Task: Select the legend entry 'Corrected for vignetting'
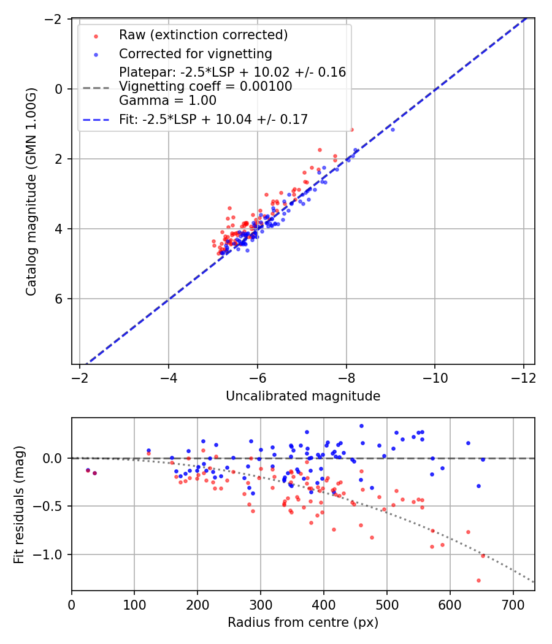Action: pyautogui.click(x=195, y=54)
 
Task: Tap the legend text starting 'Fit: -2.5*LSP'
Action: pyautogui.click(x=213, y=120)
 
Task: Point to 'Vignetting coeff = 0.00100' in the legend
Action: pyautogui.click(x=205, y=86)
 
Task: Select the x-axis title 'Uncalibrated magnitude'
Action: pyautogui.click(x=303, y=396)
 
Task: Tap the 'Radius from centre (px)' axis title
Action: pyautogui.click(x=303, y=623)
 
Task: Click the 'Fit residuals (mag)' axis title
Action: pyautogui.click(x=19, y=504)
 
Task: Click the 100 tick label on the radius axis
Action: pyautogui.click(x=134, y=604)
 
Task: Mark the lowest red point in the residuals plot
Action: pyautogui.click(x=478, y=580)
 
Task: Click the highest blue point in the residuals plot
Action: pyautogui.click(x=361, y=426)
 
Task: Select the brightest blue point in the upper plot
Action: pyautogui.click(x=393, y=129)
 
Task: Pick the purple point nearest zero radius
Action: pyautogui.click(x=88, y=470)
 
